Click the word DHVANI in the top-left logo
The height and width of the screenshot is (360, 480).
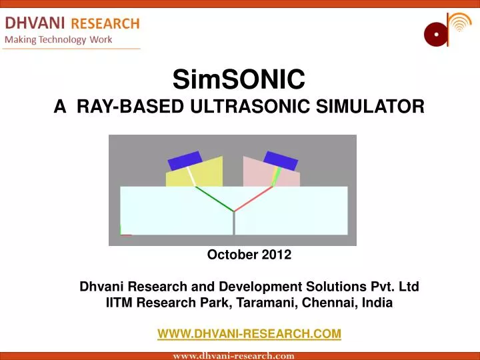[x=35, y=23]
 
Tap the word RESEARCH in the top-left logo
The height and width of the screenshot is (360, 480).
[x=105, y=23]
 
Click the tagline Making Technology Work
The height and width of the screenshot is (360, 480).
[x=59, y=39]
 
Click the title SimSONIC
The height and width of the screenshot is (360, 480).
[x=239, y=81]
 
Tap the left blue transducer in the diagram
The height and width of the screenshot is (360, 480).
[x=185, y=161]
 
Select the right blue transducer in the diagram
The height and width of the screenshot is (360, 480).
[x=281, y=161]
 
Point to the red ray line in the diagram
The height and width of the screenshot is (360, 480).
[x=255, y=198]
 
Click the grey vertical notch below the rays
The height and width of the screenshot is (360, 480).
[x=234, y=223]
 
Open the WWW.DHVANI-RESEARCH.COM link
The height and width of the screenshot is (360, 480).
[x=249, y=333]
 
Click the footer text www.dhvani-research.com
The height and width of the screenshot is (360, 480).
[x=233, y=356]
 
